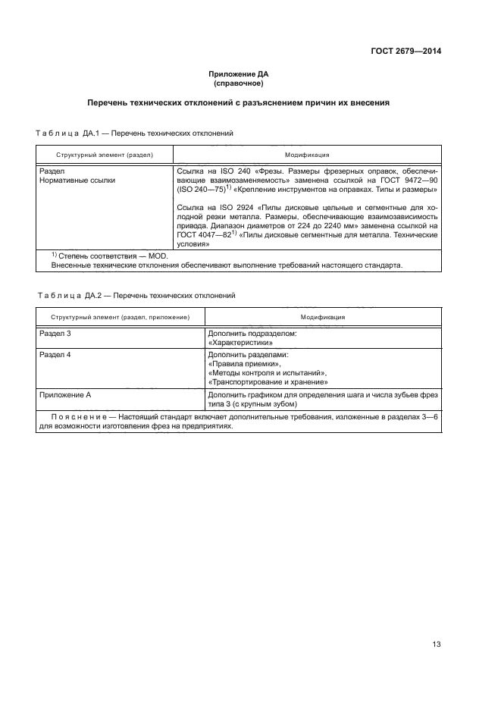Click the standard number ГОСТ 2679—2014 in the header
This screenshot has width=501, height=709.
pyautogui.click(x=407, y=52)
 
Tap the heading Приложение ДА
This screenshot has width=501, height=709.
pyautogui.click(x=239, y=74)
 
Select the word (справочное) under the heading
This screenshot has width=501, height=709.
pyautogui.click(x=239, y=83)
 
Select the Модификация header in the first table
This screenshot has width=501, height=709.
pyautogui.click(x=307, y=155)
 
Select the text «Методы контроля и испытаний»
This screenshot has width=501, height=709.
pyautogui.click(x=267, y=373)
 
